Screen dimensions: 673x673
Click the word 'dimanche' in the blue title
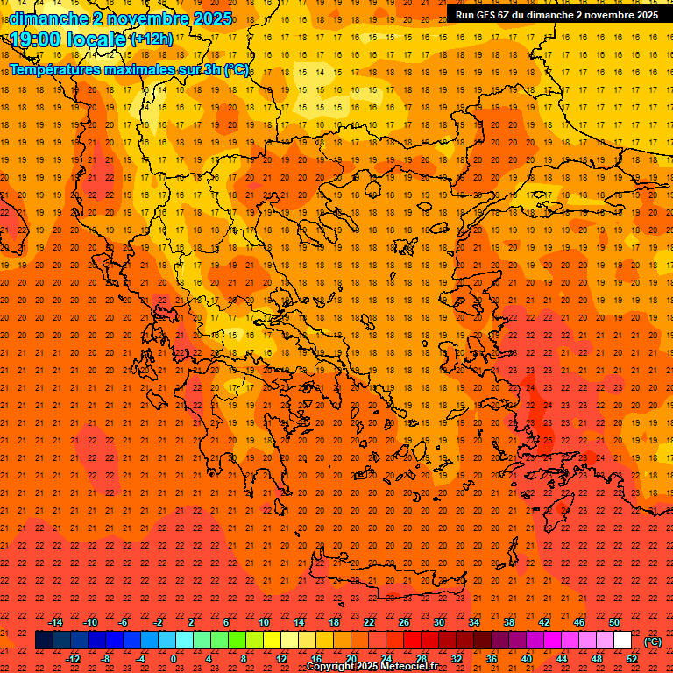47,18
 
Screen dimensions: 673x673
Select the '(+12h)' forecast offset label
152,39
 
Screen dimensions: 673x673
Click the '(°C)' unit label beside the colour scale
653,641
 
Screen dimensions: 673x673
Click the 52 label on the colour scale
632,659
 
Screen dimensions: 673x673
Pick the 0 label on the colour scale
174,659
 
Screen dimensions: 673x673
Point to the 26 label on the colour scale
404,622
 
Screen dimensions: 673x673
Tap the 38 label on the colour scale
509,622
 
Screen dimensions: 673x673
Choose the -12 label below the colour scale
73,659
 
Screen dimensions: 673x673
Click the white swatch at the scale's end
623,641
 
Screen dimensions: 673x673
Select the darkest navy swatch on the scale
44,641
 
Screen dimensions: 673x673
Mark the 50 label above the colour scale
614,622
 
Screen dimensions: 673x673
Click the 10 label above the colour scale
264,622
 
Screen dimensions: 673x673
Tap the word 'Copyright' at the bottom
331,667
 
